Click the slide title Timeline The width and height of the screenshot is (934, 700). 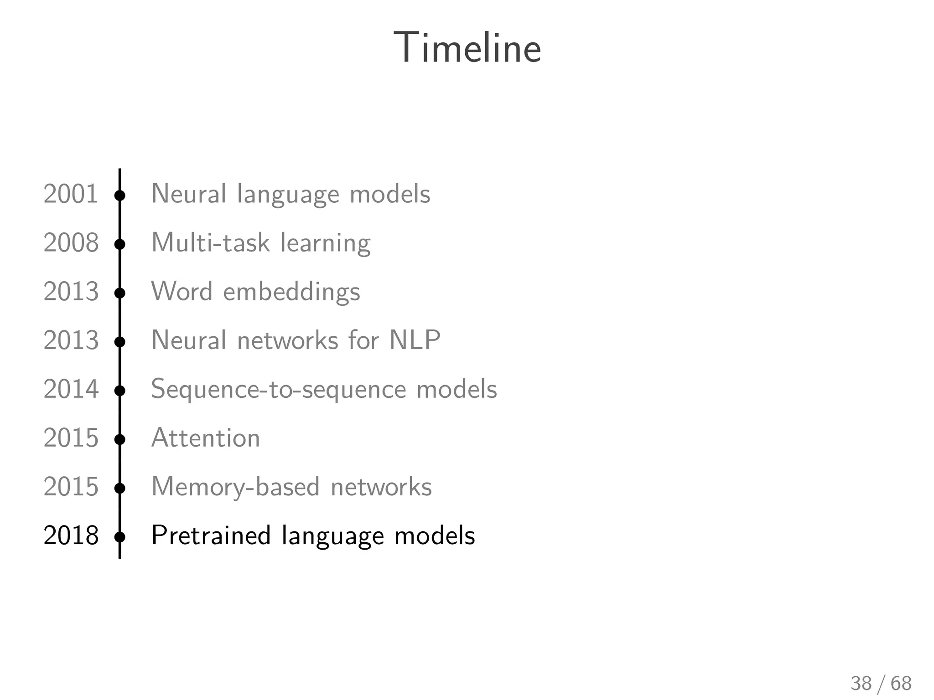click(x=467, y=48)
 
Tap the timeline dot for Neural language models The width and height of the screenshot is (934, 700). click(x=120, y=196)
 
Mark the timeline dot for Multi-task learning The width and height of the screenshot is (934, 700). click(x=120, y=244)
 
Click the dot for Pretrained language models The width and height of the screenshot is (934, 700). click(x=120, y=537)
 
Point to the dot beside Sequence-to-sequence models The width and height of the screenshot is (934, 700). click(x=120, y=391)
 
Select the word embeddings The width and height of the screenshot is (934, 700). click(x=291, y=292)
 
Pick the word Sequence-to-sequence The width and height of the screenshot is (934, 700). click(x=278, y=390)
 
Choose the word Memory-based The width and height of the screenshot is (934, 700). click(x=235, y=487)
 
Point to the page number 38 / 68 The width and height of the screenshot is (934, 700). click(x=881, y=684)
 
